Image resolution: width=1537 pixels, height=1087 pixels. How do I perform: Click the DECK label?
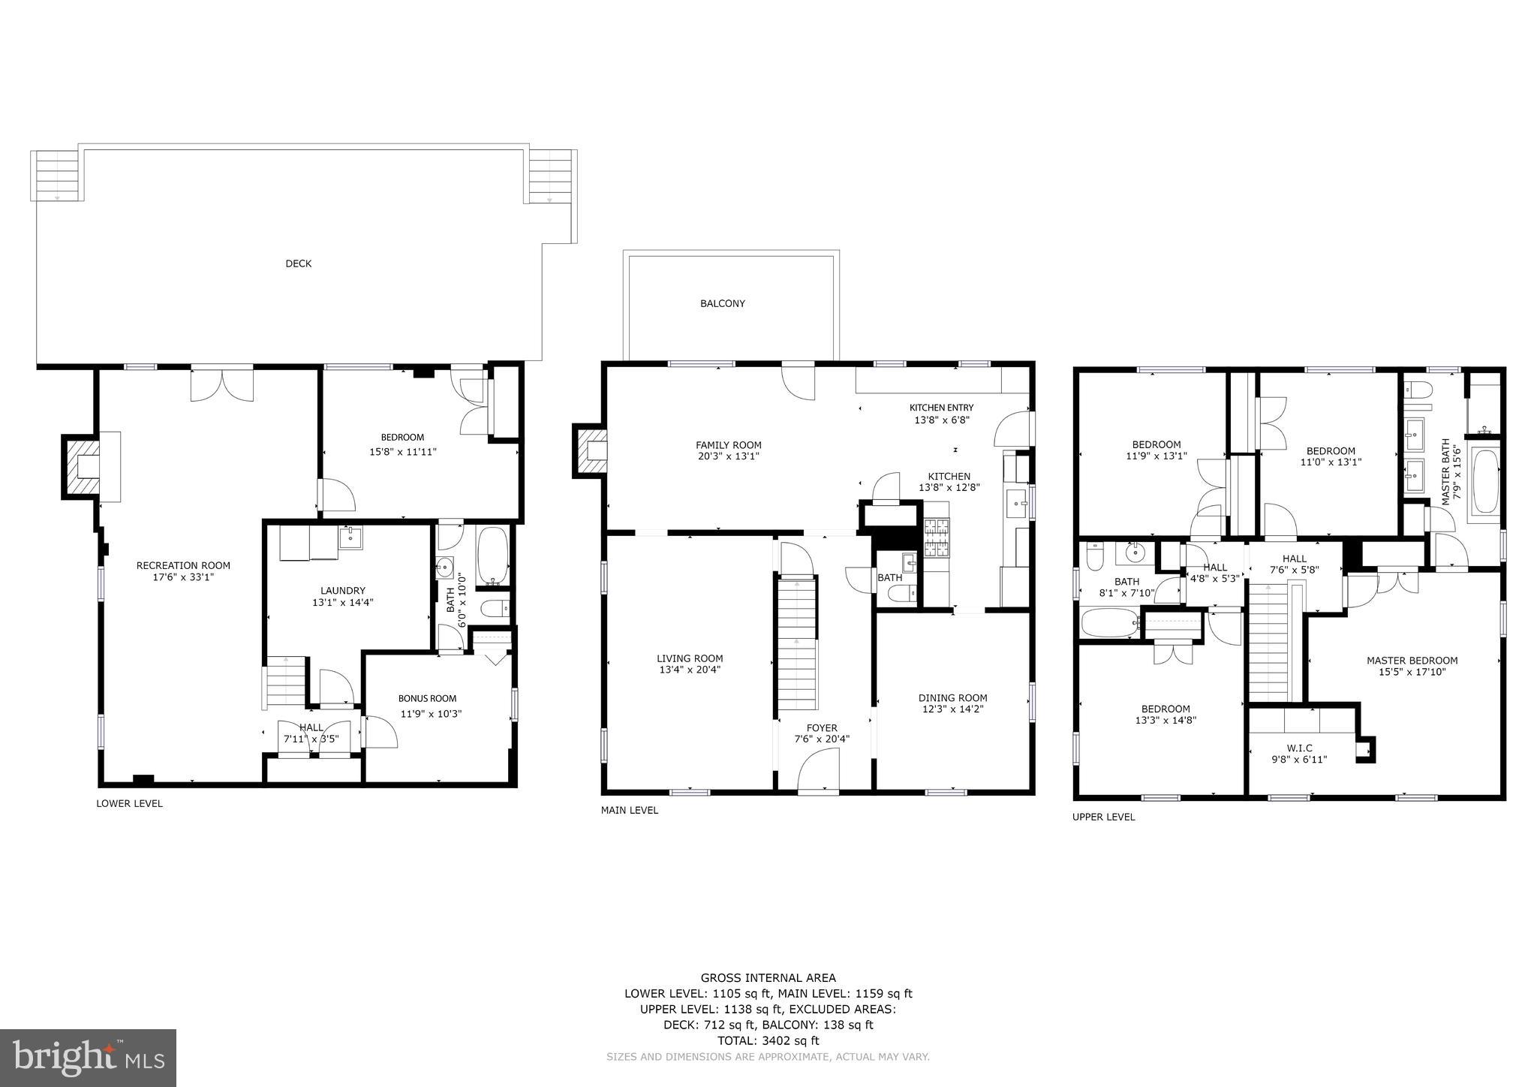[x=298, y=263]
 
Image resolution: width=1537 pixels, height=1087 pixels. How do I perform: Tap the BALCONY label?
[x=722, y=303]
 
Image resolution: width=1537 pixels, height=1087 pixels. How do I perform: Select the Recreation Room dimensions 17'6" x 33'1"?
[x=183, y=577]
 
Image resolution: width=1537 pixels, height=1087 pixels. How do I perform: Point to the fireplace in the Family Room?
[x=591, y=450]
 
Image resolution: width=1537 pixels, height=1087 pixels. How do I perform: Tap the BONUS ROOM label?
[x=427, y=698]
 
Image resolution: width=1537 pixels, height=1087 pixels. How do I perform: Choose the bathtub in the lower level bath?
[x=493, y=556]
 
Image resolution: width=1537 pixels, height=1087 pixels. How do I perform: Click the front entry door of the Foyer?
[x=818, y=773]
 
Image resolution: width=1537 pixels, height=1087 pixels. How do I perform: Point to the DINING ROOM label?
[x=952, y=697]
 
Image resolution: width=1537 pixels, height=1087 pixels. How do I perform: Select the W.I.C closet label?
[x=1299, y=748]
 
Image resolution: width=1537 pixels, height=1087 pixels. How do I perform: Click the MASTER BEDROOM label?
[x=1412, y=661]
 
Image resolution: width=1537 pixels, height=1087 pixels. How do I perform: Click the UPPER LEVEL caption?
[x=1103, y=817]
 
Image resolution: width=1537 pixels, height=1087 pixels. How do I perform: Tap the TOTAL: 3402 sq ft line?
[x=768, y=1040]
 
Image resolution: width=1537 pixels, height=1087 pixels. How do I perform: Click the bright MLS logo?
[x=88, y=1058]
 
